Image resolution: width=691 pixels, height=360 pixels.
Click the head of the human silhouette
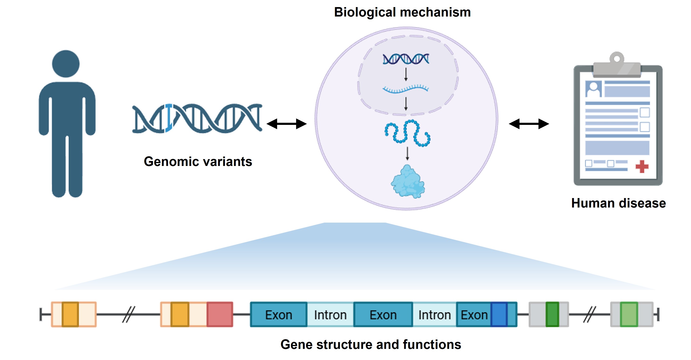(x=66, y=64)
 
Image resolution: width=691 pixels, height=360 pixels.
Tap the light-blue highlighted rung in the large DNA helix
(x=169, y=118)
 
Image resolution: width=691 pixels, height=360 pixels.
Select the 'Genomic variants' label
(x=198, y=161)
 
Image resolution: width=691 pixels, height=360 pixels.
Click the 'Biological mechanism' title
(x=402, y=12)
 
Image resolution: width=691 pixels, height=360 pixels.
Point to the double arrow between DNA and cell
(x=287, y=124)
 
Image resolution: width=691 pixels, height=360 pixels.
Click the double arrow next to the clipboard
(x=529, y=124)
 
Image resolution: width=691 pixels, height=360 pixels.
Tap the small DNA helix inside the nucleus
(x=406, y=59)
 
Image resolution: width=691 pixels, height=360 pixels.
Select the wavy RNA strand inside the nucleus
(x=405, y=89)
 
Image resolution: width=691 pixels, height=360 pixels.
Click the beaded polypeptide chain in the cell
(x=407, y=133)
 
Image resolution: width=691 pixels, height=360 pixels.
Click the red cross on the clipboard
(x=642, y=167)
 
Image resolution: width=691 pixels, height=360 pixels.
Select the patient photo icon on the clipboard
(x=593, y=89)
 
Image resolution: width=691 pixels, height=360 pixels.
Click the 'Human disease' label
(x=618, y=203)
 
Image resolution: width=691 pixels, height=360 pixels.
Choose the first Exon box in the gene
(x=278, y=314)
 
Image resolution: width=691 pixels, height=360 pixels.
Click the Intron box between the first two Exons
(x=330, y=314)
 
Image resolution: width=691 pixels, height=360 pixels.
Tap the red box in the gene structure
(x=220, y=314)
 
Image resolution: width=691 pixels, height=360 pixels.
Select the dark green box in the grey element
(x=552, y=314)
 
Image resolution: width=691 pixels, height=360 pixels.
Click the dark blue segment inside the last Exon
(x=499, y=314)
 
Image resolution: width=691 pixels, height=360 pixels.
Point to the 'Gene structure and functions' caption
(x=371, y=344)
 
